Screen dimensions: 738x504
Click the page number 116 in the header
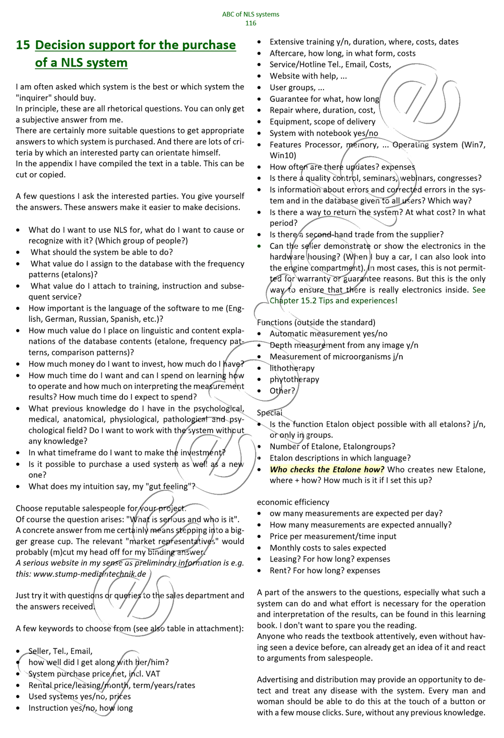[250, 23]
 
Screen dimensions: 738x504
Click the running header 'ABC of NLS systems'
[250, 14]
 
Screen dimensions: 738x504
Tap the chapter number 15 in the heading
[23, 45]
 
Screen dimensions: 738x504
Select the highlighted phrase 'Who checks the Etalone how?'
[327, 469]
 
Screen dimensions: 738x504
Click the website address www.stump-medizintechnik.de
[90, 574]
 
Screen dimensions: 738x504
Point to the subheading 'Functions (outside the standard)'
[316, 322]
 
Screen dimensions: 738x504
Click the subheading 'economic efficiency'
[293, 502]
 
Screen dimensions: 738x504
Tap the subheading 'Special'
[270, 413]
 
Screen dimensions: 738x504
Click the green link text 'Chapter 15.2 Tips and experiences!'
[334, 301]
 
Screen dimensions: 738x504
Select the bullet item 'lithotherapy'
[292, 368]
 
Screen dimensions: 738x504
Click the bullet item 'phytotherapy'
[294, 379]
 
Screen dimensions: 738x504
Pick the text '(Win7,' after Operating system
[474, 145]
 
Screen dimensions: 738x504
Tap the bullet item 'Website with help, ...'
[308, 76]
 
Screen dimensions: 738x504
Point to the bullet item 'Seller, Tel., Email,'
[60, 651]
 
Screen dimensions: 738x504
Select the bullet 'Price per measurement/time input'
[333, 536]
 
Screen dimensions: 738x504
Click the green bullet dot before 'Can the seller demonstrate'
[259, 246]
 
